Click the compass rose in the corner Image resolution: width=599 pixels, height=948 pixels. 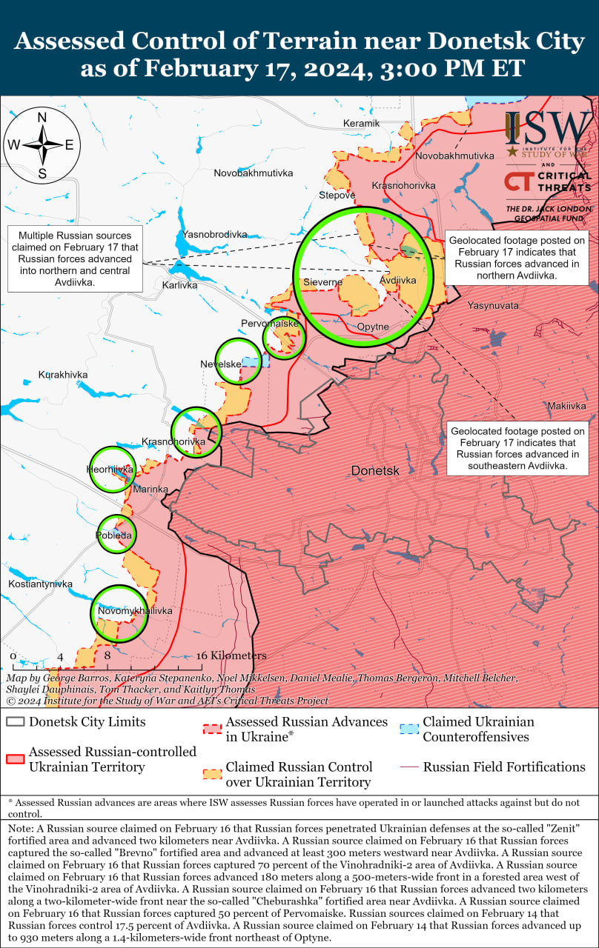pyautogui.click(x=42, y=144)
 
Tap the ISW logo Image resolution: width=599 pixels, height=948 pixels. pyautogui.click(x=549, y=129)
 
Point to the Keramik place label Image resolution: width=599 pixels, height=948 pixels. pyautogui.click(x=361, y=123)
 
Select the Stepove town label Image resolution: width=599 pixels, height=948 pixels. pyautogui.click(x=337, y=196)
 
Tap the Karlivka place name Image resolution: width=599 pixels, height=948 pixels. pyautogui.click(x=180, y=284)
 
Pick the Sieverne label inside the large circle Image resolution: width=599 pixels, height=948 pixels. pyautogui.click(x=323, y=282)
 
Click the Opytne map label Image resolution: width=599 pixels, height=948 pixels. pyautogui.click(x=373, y=327)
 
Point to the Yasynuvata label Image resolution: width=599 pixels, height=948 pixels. pyautogui.click(x=493, y=305)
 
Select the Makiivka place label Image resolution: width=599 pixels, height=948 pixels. pyautogui.click(x=567, y=406)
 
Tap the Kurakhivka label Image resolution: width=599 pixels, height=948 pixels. pyautogui.click(x=63, y=375)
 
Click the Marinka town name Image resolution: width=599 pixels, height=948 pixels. pyautogui.click(x=150, y=490)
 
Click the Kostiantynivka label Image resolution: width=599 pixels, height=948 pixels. pyautogui.click(x=41, y=584)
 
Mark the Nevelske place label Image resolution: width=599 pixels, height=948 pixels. pyautogui.click(x=221, y=364)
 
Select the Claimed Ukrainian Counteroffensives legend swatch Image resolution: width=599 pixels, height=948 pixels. pyautogui.click(x=409, y=730)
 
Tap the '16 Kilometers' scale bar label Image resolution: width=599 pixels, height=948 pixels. pyautogui.click(x=231, y=655)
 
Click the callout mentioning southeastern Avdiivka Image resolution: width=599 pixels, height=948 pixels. pyautogui.click(x=517, y=448)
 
